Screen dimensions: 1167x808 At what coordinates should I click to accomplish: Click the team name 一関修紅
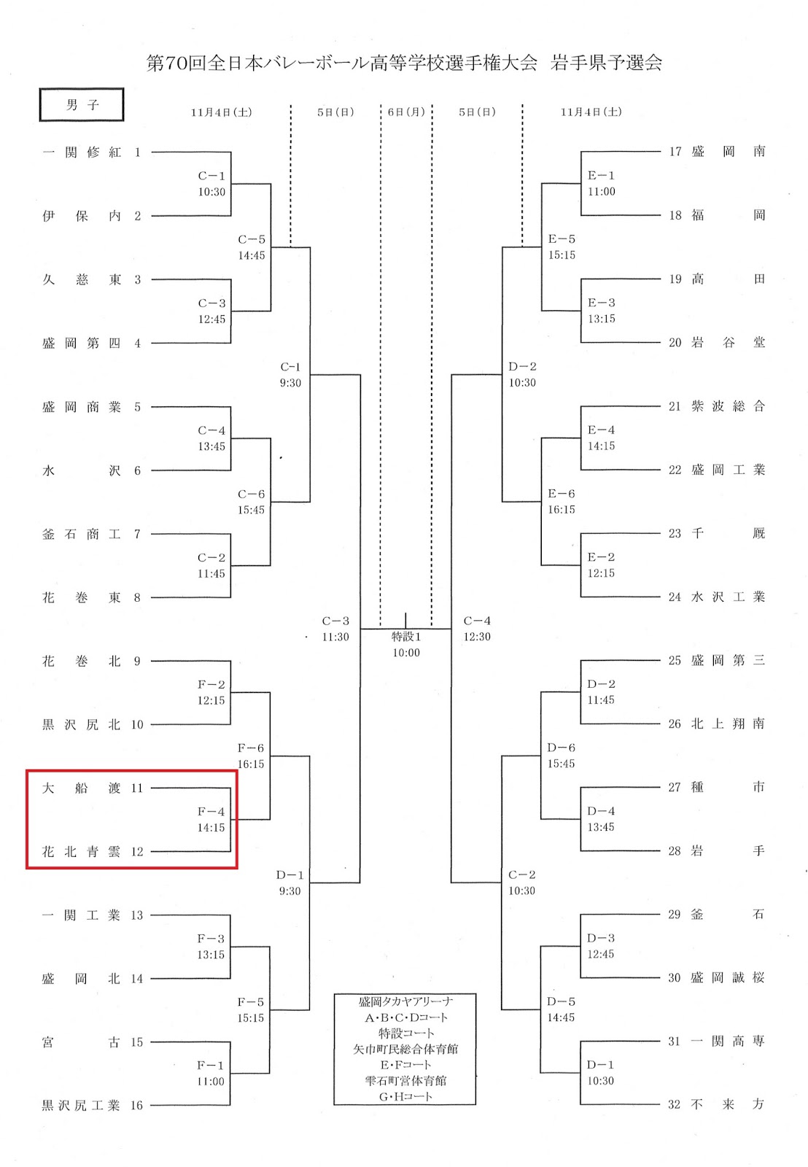point(82,152)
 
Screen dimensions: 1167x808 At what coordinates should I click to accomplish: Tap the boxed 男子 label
point(82,105)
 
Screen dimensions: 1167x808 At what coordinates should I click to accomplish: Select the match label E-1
point(601,176)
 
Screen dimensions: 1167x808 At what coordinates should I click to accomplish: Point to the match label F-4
point(211,812)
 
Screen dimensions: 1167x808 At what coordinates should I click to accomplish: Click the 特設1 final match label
point(406,637)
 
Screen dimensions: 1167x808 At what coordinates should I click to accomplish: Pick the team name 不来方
point(728,1104)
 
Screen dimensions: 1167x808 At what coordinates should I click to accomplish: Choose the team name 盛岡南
point(728,152)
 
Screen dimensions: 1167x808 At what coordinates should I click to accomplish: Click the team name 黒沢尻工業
point(81,1106)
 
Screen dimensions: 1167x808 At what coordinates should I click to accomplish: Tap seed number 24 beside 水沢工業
point(675,597)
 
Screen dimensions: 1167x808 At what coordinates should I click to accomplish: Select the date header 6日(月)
point(406,112)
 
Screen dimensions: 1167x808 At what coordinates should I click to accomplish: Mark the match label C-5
point(252,240)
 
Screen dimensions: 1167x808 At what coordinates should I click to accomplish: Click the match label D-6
point(561,748)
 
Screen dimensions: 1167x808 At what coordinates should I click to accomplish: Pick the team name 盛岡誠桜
point(728,978)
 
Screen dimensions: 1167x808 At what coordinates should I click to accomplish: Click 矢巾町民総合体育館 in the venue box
point(405,1049)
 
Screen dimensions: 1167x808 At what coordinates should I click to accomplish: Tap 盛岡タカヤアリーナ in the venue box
point(405,1002)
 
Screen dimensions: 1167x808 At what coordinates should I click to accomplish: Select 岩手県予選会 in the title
point(606,63)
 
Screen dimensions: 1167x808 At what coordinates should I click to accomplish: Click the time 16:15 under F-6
point(251,764)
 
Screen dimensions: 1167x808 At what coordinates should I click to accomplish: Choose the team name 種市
point(728,788)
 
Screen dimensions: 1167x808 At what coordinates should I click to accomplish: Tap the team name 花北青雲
point(82,852)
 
